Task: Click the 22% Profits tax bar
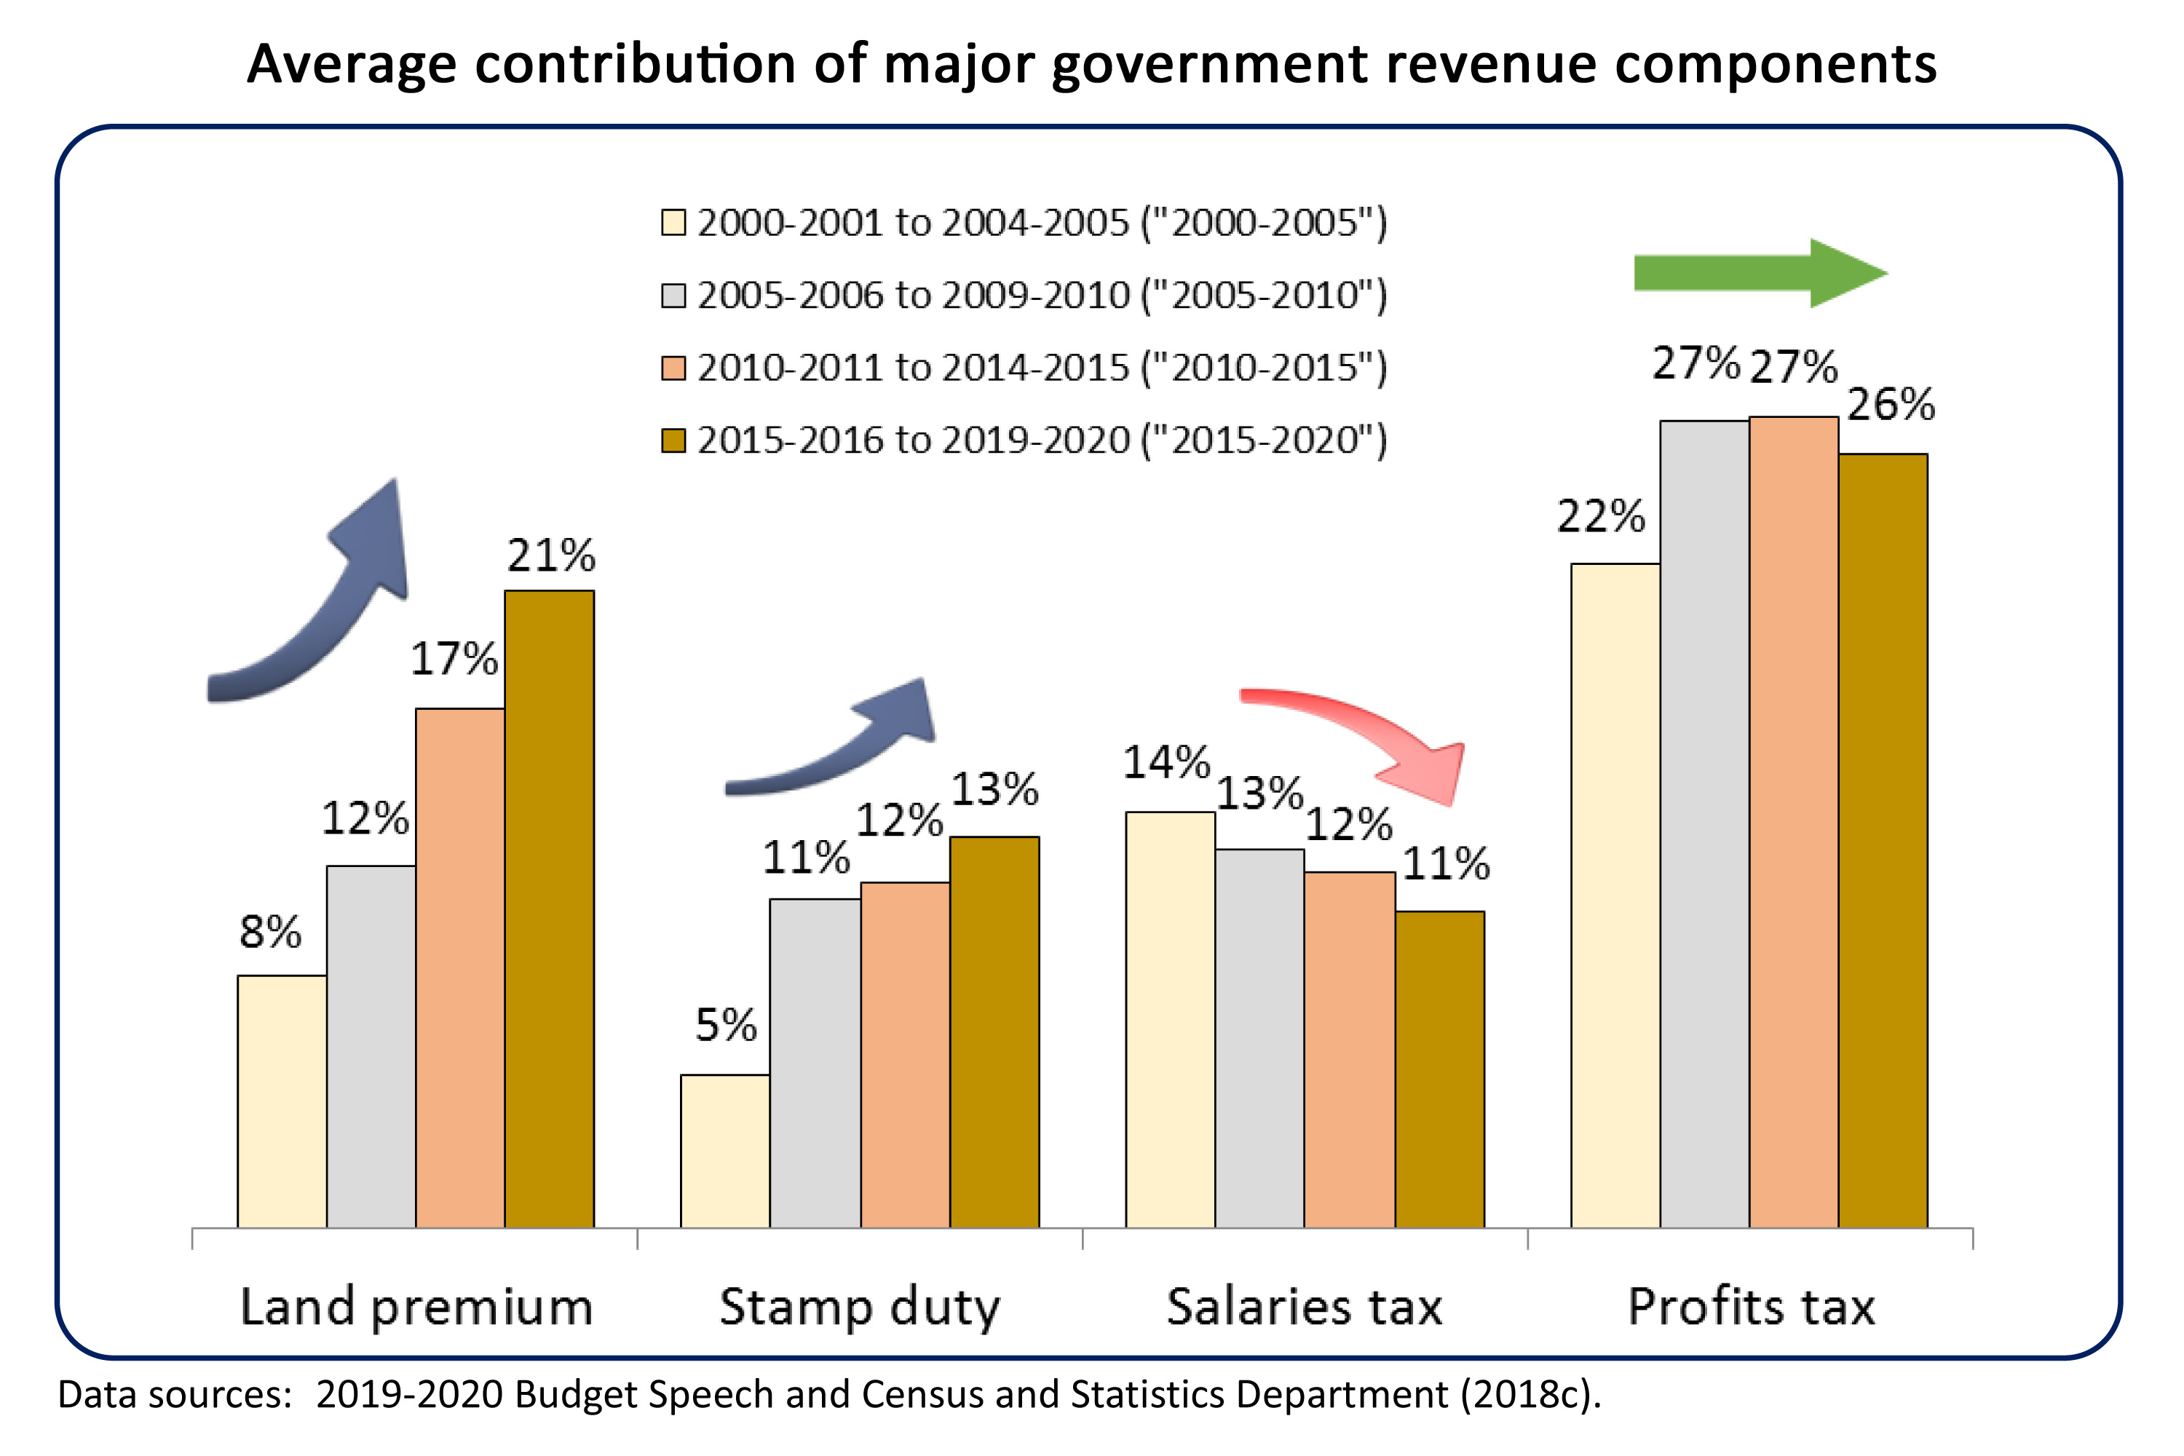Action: (1615, 895)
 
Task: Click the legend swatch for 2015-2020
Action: (673, 440)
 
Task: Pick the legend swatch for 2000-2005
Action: (673, 223)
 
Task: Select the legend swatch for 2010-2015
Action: (673, 368)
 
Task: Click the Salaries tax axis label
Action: (1304, 1307)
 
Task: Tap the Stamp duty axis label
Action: (859, 1307)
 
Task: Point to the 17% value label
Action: (454, 660)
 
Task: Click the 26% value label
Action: (1891, 405)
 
